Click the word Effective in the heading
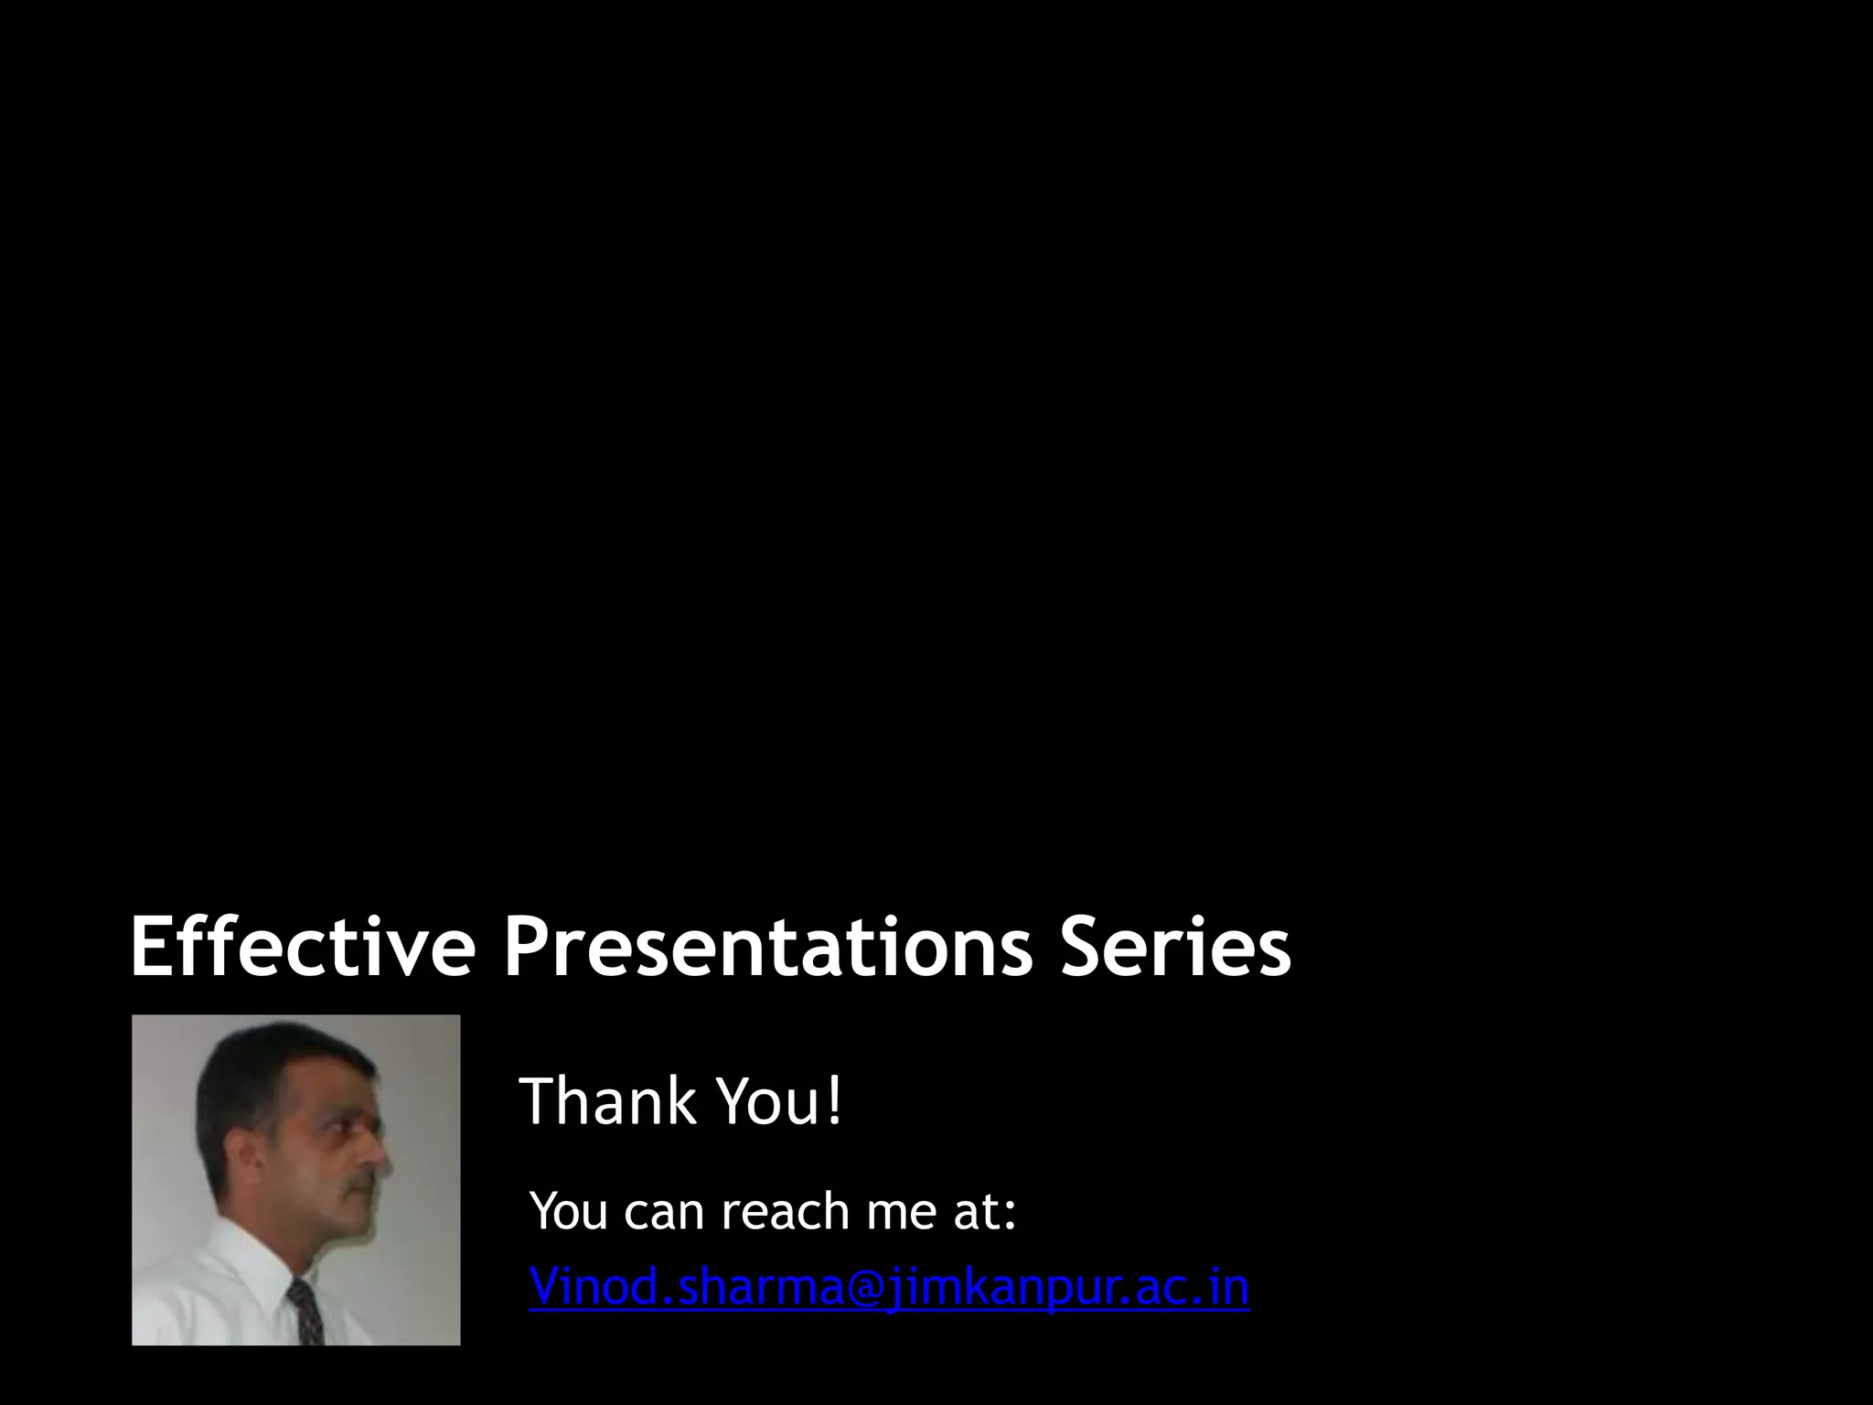pos(302,948)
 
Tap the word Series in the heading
pos(1175,948)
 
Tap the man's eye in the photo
pos(337,1127)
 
